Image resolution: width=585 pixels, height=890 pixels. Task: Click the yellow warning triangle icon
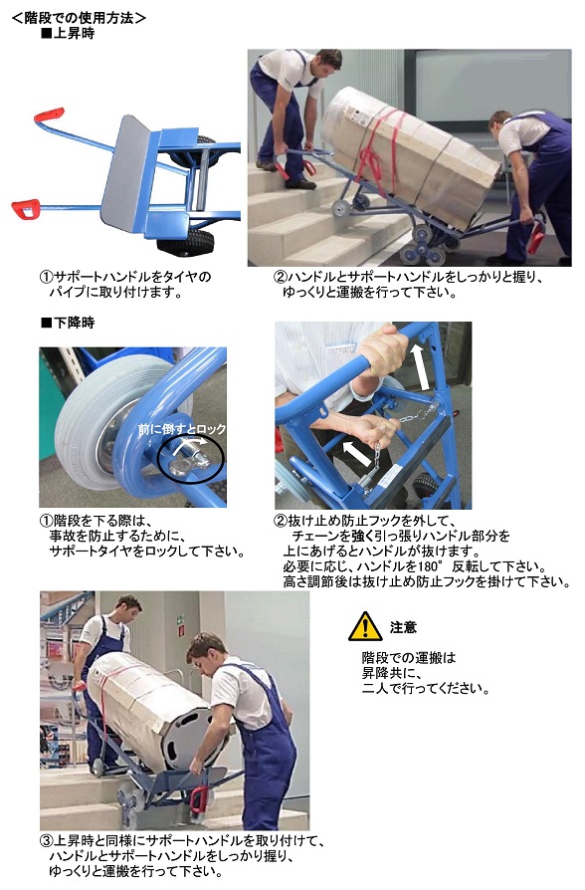pyautogui.click(x=365, y=626)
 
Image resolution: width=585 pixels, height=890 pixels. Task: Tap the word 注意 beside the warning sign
pyautogui.click(x=403, y=627)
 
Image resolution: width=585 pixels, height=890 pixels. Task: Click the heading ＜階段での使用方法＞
pyautogui.click(x=79, y=18)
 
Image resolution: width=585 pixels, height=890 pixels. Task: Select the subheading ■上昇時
pyautogui.click(x=68, y=34)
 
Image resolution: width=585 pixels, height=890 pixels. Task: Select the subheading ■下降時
pyautogui.click(x=68, y=323)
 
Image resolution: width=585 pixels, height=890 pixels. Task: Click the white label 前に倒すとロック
pyautogui.click(x=182, y=429)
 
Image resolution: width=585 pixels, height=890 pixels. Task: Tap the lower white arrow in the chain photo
pyautogui.click(x=357, y=451)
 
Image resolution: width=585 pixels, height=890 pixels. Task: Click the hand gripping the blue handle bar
pyautogui.click(x=384, y=350)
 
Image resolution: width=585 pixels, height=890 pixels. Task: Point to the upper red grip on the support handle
pyautogui.click(x=49, y=114)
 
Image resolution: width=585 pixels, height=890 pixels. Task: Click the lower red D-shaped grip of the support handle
pyautogui.click(x=26, y=208)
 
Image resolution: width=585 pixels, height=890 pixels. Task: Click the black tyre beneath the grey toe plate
pyautogui.click(x=186, y=241)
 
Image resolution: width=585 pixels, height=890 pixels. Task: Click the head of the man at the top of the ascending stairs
pyautogui.click(x=327, y=63)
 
